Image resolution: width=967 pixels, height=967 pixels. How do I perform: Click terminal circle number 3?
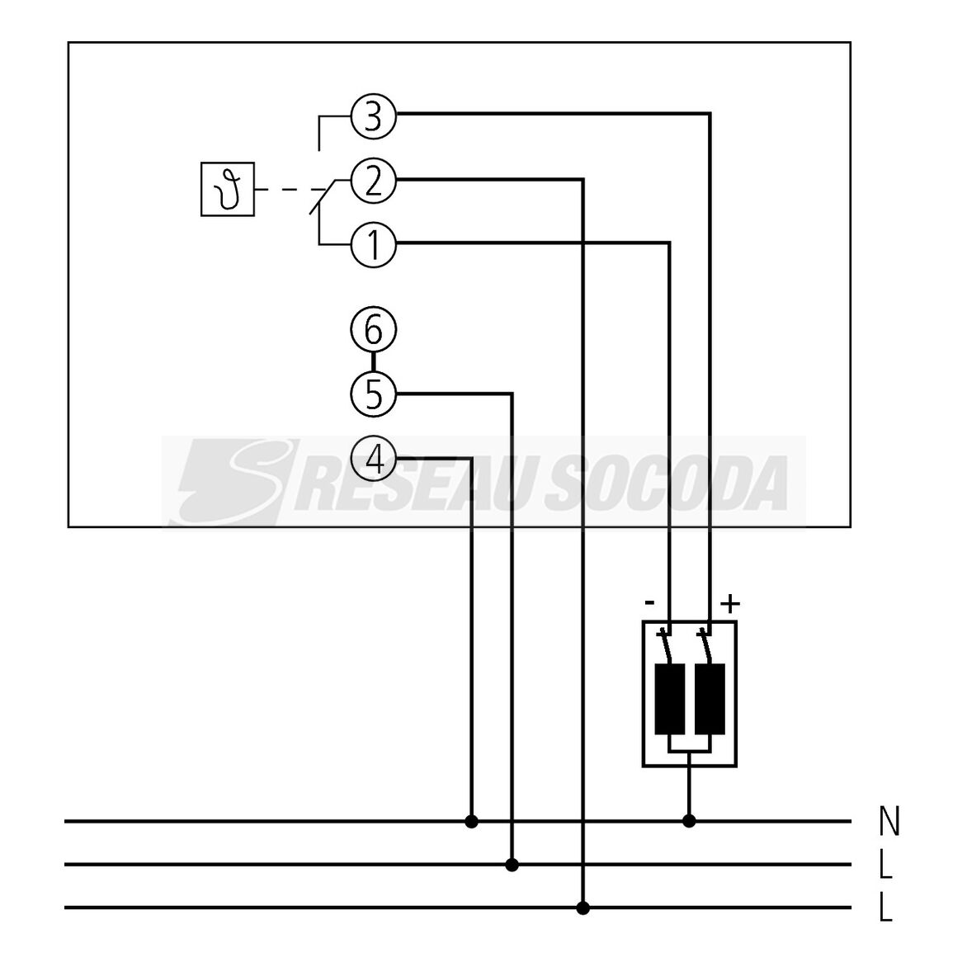373,116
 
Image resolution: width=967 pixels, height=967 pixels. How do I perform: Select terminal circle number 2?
373,182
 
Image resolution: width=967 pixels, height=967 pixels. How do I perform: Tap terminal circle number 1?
373,245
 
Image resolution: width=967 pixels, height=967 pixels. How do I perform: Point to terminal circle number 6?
373,329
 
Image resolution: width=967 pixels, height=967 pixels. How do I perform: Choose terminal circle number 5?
373,394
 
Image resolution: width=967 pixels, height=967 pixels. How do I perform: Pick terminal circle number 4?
373,459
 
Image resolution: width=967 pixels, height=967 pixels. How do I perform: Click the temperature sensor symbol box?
228,189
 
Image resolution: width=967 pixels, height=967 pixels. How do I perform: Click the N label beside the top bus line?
889,822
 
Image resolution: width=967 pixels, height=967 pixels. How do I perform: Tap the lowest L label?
885,908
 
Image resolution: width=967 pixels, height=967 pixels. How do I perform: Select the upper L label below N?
885,865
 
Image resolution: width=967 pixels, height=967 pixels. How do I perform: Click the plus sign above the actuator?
730,604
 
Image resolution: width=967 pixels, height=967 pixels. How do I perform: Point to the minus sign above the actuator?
649,602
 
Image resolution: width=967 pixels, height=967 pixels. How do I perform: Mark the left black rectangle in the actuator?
670,700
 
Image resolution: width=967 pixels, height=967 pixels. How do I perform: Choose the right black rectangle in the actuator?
710,700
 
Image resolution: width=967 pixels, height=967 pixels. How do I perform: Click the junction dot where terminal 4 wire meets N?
471,822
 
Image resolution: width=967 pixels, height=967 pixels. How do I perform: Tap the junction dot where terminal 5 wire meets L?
512,865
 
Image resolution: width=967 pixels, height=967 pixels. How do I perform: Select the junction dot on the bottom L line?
583,908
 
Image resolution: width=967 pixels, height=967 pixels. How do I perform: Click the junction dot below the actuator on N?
690,821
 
